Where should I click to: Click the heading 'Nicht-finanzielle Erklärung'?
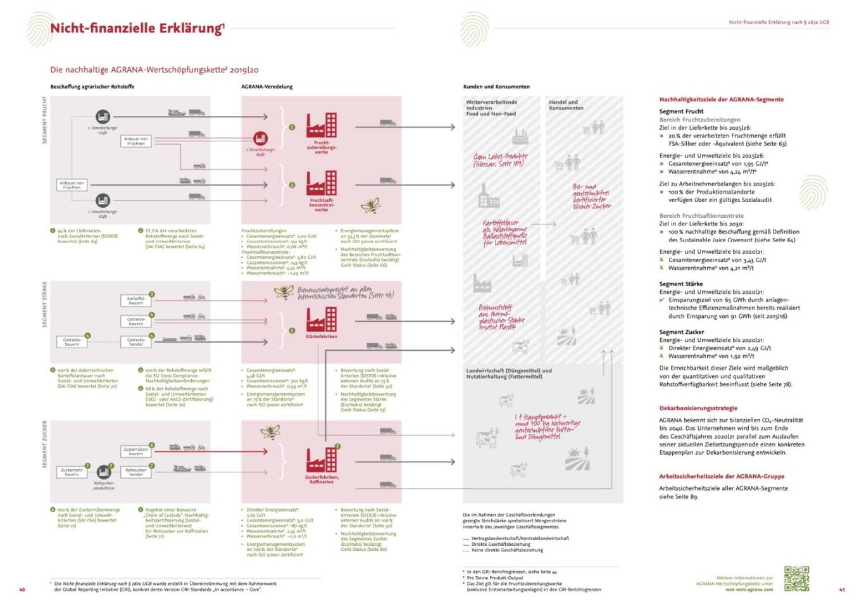(137, 28)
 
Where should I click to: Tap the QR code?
(796, 578)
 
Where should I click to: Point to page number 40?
(22, 589)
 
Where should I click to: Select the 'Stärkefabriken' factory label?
(322, 337)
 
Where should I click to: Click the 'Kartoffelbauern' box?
(136, 301)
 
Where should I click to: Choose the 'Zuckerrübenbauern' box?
(136, 451)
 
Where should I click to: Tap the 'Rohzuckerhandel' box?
(136, 472)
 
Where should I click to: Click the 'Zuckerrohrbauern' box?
(72, 472)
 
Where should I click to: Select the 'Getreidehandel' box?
(136, 342)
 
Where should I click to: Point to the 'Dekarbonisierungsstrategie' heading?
(698, 408)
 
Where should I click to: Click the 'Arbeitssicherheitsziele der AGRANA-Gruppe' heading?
(722, 476)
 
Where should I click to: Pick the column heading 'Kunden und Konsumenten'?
(496, 87)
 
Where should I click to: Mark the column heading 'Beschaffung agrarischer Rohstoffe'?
(92, 87)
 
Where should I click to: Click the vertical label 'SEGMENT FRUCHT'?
(44, 120)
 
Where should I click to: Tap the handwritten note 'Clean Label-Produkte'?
(500, 160)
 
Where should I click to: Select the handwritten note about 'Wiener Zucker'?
(592, 196)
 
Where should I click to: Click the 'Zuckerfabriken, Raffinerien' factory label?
(322, 479)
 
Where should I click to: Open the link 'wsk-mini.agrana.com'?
(749, 589)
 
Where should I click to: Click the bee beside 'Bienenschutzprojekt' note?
(284, 292)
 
